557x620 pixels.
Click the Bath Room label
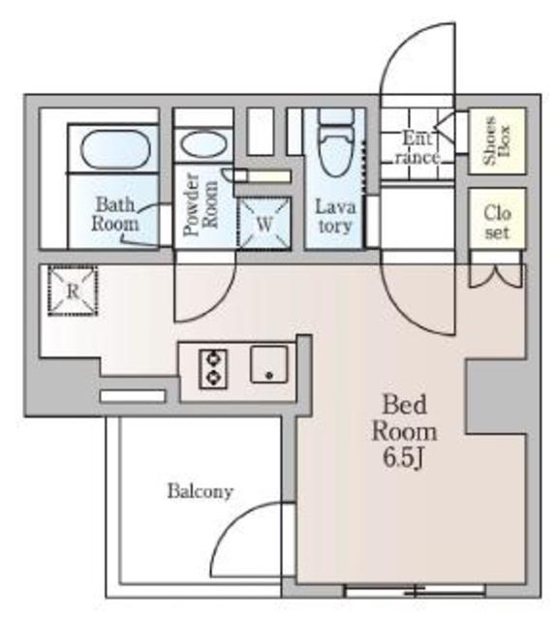(115, 214)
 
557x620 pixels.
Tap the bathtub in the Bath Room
(115, 148)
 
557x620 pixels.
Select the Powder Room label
(201, 204)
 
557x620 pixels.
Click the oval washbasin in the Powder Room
(203, 145)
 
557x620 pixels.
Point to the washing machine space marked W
(264, 224)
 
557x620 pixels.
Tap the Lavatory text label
(335, 216)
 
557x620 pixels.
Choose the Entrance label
(418, 148)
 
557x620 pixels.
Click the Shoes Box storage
(497, 140)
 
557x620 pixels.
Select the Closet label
(497, 223)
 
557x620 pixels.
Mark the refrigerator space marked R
(73, 291)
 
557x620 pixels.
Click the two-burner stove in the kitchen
(213, 368)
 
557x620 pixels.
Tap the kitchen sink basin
(269, 364)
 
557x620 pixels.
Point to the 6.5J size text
(404, 458)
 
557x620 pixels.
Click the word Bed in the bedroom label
(404, 405)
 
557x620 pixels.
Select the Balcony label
(200, 491)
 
